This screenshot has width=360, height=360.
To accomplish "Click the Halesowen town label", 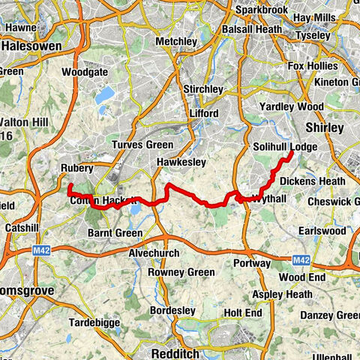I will [x=31, y=45].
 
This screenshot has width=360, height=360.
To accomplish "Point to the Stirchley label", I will [x=203, y=88].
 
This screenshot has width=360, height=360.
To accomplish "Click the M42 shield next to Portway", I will [x=301, y=259].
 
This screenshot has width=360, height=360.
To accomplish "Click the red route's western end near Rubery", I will [x=69, y=185].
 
